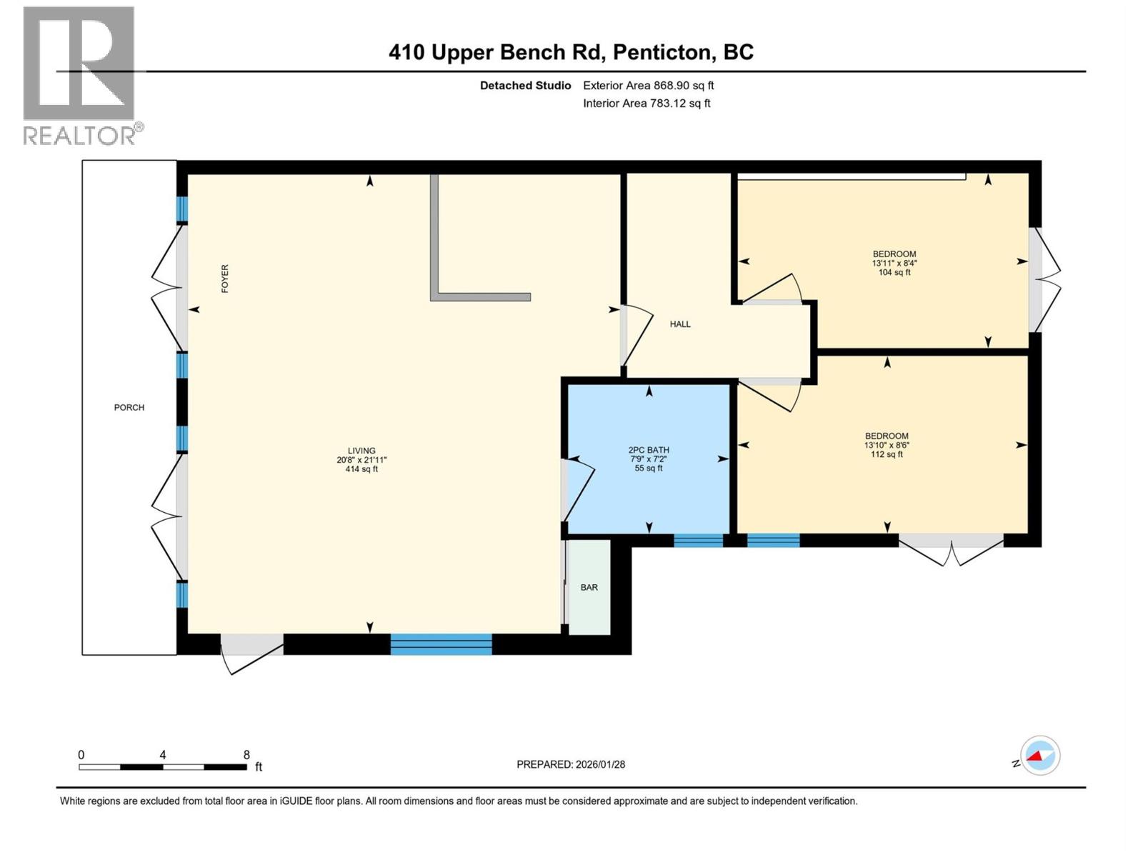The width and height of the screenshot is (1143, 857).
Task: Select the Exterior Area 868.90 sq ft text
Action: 648,86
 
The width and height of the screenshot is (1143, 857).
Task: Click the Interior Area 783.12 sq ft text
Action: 647,104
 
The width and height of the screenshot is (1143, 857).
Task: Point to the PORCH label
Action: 129,408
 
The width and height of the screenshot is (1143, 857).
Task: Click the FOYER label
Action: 225,279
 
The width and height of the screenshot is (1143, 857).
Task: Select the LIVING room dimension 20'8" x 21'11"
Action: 361,461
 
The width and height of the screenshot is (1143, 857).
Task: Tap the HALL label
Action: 680,324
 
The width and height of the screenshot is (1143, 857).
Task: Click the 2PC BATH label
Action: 649,451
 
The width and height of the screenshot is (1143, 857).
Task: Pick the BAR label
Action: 589,588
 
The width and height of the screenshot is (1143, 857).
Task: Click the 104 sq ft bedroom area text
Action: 894,273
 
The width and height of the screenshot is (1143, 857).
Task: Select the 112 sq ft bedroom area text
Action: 887,455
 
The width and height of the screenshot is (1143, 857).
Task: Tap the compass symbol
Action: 1039,756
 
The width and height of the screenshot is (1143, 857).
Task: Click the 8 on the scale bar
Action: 246,755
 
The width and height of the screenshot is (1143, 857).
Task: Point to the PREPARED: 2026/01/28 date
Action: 571,764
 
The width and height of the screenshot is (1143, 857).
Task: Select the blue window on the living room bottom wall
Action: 441,644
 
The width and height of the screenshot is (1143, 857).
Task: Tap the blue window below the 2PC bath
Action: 699,541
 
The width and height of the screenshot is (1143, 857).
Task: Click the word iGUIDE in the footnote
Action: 295,801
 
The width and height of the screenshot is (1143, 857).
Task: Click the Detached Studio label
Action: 525,86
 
